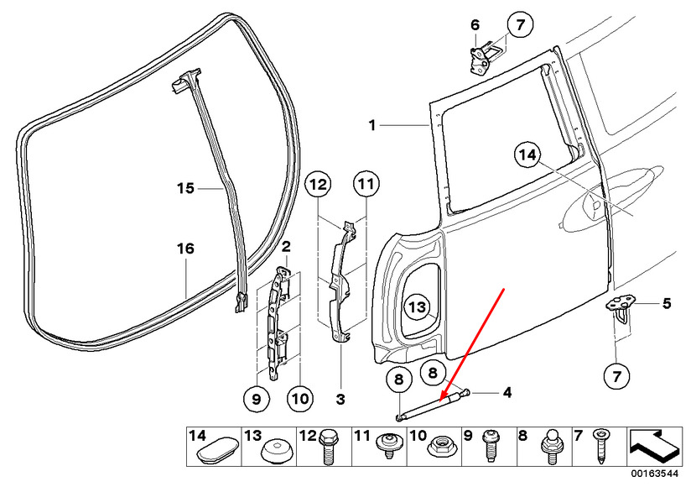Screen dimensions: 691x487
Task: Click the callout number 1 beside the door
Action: click(372, 126)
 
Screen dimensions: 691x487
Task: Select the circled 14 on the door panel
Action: click(527, 154)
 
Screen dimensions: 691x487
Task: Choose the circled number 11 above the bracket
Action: click(366, 184)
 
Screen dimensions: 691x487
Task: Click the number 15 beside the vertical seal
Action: click(185, 188)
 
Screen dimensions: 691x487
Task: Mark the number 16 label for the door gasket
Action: click(185, 249)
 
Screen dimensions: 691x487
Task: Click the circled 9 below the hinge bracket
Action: click(257, 399)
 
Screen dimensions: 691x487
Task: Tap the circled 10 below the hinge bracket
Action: click(300, 399)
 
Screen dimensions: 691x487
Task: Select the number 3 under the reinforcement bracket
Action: click(340, 400)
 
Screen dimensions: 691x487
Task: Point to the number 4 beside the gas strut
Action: click(507, 392)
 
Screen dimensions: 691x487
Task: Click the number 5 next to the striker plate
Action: click(667, 303)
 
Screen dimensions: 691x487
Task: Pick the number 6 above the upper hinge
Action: click(475, 24)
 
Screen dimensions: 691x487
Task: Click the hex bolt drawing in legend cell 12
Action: click(327, 447)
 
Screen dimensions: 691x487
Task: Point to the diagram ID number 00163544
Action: click(654, 474)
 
